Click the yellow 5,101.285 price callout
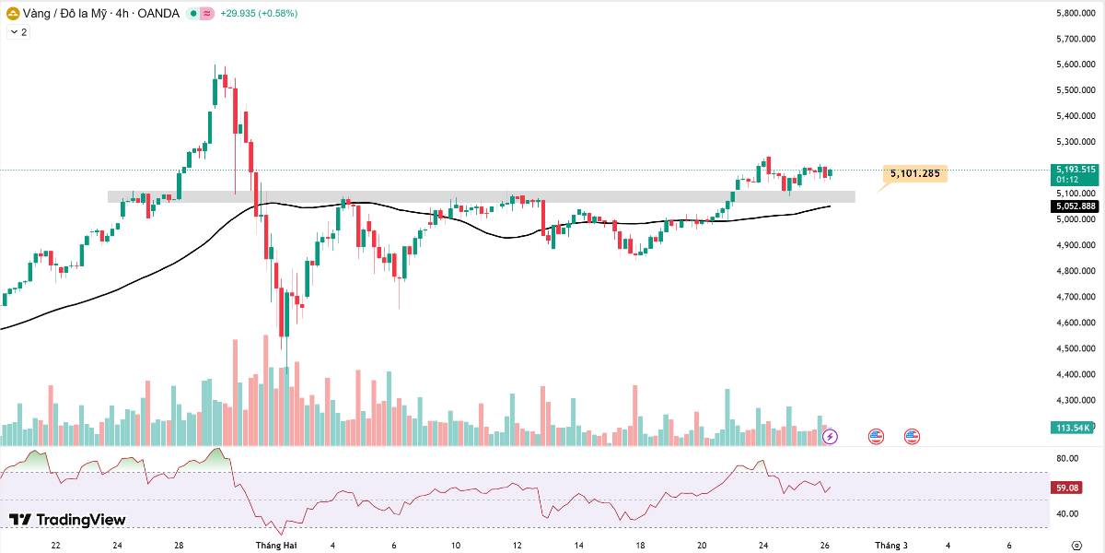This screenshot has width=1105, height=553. click(x=915, y=173)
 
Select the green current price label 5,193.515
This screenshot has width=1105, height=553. click(x=1075, y=170)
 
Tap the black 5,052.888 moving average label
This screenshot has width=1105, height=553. click(x=1075, y=206)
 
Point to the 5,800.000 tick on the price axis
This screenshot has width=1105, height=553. click(x=1076, y=13)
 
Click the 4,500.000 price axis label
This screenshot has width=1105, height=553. click(x=1076, y=348)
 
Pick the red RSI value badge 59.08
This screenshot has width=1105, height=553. click(x=1067, y=488)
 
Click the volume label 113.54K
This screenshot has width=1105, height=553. click(x=1071, y=428)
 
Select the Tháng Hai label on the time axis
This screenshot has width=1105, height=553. click(x=275, y=546)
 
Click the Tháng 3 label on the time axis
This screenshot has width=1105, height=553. click(x=891, y=546)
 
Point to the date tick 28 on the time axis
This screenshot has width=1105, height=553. click(x=179, y=546)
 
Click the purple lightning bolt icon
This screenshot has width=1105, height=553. click(x=830, y=437)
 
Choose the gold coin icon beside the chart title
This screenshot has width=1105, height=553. click(x=12, y=14)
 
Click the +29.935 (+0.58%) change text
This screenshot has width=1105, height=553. click(x=259, y=13)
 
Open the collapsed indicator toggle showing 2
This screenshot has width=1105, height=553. click(x=18, y=32)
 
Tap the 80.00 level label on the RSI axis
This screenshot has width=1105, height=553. click(x=1067, y=458)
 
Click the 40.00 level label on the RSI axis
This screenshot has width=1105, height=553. click(x=1067, y=514)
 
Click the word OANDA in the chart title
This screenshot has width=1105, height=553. click(x=158, y=13)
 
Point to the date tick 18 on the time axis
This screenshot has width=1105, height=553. click(x=640, y=546)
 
